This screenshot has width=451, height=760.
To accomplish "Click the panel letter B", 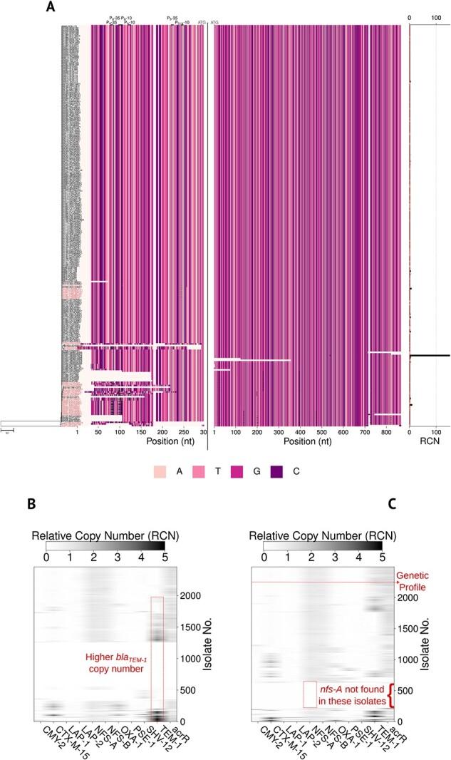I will click(x=51, y=503).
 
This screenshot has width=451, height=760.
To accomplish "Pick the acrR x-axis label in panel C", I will click(x=390, y=734).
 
